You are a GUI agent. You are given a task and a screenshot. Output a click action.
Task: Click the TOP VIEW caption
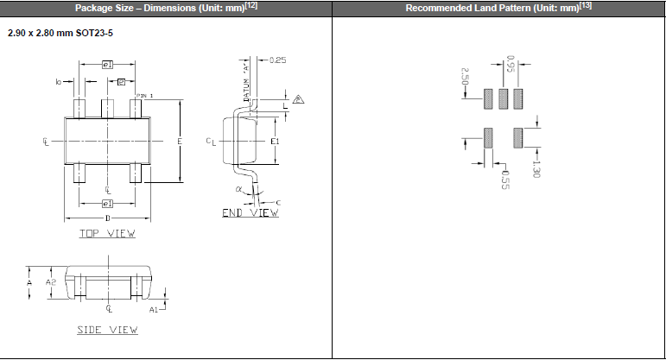coord(108,233)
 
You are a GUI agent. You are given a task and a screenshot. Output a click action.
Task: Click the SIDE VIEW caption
coord(108,330)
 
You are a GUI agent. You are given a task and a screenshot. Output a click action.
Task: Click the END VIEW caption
coord(251,212)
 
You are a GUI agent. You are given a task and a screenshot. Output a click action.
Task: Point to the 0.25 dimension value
coord(277,60)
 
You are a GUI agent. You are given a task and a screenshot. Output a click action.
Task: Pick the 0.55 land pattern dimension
coord(506,179)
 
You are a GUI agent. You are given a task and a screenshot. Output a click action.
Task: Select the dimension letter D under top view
coord(108,218)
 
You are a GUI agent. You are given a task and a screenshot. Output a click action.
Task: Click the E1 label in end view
coord(275,141)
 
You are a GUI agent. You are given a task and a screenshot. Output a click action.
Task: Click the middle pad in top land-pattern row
coord(504,98)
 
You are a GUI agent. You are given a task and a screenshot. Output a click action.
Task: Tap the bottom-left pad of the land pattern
coord(488,138)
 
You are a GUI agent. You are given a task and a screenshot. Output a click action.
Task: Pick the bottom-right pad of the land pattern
coord(518,138)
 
